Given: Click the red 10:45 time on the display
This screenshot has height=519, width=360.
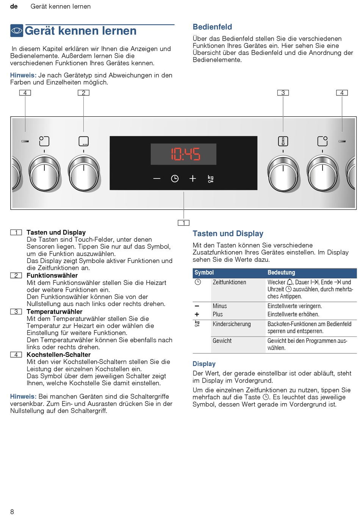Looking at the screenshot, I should pos(185,154).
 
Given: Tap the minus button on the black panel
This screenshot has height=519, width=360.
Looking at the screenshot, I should pos(157,178).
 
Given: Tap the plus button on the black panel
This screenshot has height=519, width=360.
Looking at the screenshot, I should pos(193,178).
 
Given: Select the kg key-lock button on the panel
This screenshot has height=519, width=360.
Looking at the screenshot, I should pos(210,179).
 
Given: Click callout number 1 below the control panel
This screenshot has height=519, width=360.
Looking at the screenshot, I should pos(184,223).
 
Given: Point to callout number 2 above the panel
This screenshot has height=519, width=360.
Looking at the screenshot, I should pos(83,93).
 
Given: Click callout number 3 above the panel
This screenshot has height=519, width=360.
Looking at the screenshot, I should pos(283,93).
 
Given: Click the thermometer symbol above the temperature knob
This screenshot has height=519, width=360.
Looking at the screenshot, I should pos(283,141).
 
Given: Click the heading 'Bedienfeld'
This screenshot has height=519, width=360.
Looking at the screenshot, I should pos(212,27).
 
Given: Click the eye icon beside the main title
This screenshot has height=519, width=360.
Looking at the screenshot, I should pos(17,31).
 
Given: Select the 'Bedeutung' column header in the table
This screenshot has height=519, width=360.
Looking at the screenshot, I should pos(281,272).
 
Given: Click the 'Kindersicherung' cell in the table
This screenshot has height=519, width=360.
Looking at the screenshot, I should pos(232,324).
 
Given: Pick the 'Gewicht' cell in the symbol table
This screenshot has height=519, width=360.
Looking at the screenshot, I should pos(222,341).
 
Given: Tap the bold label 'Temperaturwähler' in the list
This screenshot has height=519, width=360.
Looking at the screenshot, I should pos(54,312).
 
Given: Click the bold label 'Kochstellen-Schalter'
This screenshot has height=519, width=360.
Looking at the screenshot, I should pos(58,355).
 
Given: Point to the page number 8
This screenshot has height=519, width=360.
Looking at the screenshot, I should pos(12,512).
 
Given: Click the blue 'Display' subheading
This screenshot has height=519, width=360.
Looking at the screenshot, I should pos(204,364).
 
